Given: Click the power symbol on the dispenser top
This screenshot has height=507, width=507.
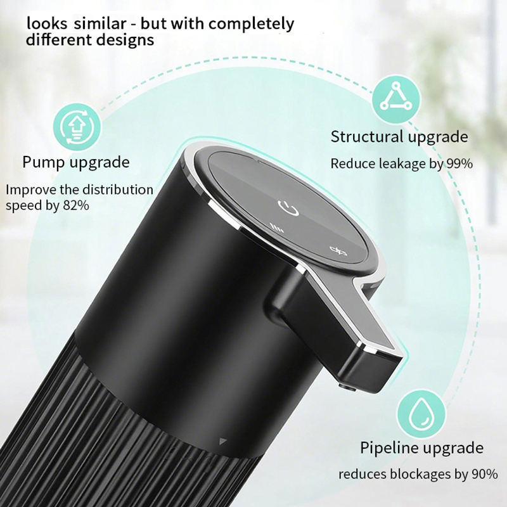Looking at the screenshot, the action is [288, 208].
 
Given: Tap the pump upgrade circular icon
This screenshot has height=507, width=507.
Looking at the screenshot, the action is [77, 127].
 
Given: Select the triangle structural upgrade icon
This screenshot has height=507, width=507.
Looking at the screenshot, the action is [396, 99].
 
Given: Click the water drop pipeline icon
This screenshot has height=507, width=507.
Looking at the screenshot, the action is [421, 413].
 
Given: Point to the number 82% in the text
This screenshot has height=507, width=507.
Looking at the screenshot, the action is [75, 205].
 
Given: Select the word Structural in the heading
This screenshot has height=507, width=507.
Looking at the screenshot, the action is [367, 136].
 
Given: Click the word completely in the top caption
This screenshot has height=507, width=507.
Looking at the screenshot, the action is [251, 24].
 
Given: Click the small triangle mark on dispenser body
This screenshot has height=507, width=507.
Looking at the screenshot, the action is [222, 441].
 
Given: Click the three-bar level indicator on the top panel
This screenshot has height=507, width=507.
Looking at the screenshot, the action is [277, 228].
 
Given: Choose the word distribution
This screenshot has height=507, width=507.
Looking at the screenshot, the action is [118, 189].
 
